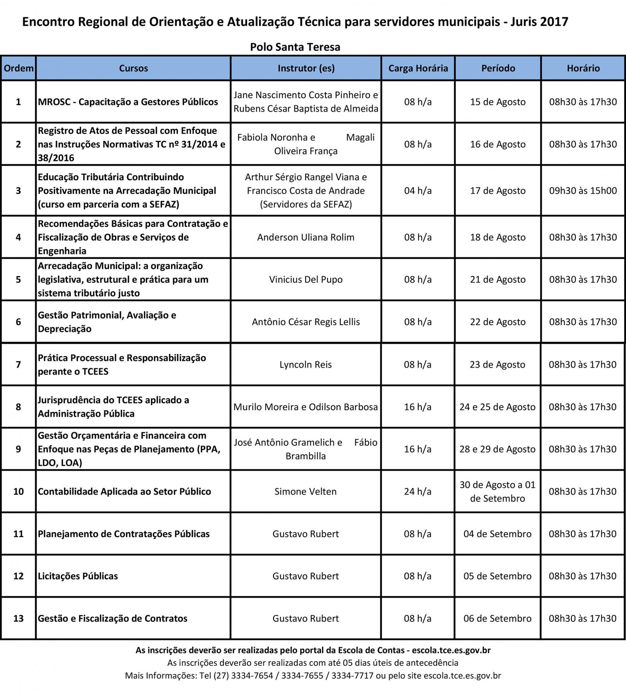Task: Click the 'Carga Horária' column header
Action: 418,68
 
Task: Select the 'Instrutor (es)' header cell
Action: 306,68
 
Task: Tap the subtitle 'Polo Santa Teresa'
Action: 295,47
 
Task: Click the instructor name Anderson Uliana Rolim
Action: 306,237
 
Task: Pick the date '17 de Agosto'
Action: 498,191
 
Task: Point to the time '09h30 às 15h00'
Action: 583,191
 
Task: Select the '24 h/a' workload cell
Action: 417,491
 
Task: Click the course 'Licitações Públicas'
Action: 78,576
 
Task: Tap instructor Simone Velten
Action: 306,491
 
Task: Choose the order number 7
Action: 18,364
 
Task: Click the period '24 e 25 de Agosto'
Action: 497,407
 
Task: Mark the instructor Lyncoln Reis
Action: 306,364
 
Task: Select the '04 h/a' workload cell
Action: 418,191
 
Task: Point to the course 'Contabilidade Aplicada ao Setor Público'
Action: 124,491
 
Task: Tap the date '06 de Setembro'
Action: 497,618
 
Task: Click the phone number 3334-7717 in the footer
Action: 352,675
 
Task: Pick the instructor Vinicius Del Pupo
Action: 306,280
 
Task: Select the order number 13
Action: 18,618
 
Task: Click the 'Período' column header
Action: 498,68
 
